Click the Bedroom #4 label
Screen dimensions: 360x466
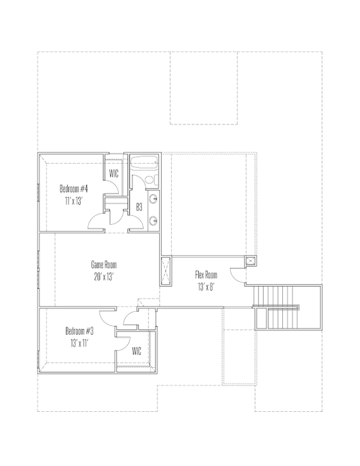click(x=73, y=189)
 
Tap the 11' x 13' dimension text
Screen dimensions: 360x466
click(x=73, y=201)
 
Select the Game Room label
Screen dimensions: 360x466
click(x=104, y=264)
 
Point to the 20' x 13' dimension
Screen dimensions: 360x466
click(x=104, y=277)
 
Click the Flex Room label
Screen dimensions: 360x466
click(x=206, y=274)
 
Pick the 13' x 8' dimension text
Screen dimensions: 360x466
click(x=206, y=287)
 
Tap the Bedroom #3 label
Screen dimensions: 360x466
click(x=80, y=330)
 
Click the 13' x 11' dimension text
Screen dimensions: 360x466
click(x=80, y=343)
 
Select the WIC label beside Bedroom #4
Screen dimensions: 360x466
click(x=114, y=173)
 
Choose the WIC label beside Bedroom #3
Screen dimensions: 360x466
click(x=136, y=351)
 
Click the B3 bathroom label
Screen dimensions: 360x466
click(x=139, y=207)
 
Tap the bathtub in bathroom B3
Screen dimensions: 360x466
click(x=144, y=163)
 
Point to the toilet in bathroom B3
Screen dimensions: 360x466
click(x=150, y=180)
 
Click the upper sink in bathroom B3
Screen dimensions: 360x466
click(x=154, y=198)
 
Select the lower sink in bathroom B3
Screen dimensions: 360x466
click(x=154, y=221)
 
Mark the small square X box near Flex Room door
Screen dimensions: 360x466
click(x=251, y=261)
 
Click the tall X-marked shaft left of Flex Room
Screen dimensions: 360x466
click(x=166, y=271)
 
